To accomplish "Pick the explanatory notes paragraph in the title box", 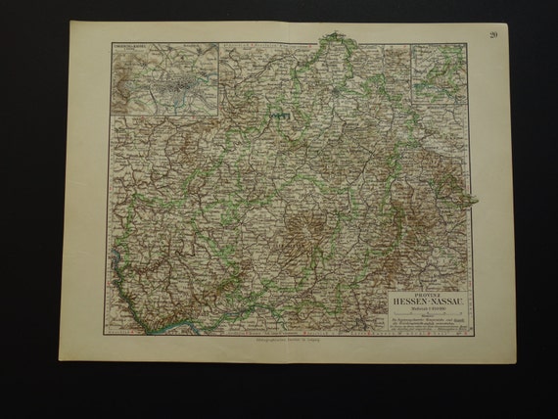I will pyautogui.click(x=426, y=324).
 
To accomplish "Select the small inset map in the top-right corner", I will pyautogui.click(x=440, y=73).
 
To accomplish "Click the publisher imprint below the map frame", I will pyautogui.click(x=290, y=340).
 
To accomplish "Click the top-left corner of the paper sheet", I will pyautogui.click(x=71, y=22).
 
